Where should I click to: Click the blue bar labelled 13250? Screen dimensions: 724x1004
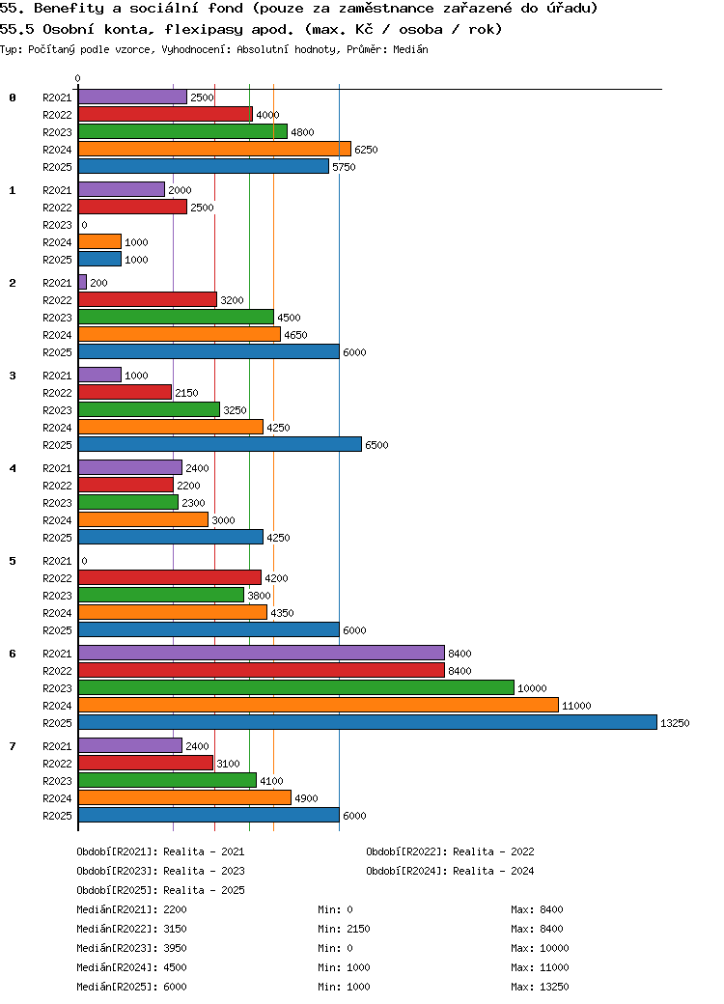point(368,722)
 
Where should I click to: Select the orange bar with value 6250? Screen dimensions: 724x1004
point(214,149)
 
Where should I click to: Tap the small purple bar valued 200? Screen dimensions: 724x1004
point(83,282)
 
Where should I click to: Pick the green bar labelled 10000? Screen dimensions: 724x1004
point(296,687)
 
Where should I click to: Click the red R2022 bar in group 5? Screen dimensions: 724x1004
point(170,577)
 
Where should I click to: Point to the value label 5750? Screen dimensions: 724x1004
point(344,167)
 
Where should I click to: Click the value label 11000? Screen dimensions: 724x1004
point(576,706)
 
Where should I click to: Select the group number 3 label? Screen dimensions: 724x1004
point(13,376)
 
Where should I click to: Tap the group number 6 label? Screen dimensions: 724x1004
point(13,654)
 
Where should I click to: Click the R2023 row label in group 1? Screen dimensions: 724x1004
point(57,225)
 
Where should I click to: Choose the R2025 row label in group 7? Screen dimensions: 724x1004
point(57,816)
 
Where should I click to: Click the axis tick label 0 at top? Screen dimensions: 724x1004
point(77,78)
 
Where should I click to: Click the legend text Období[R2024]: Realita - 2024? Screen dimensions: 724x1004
point(450,871)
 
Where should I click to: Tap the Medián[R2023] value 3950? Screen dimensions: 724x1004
point(175,948)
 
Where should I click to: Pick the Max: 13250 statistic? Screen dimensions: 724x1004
point(540,986)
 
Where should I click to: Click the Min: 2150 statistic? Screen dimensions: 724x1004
point(344,929)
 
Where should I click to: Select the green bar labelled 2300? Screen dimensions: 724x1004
point(128,502)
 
